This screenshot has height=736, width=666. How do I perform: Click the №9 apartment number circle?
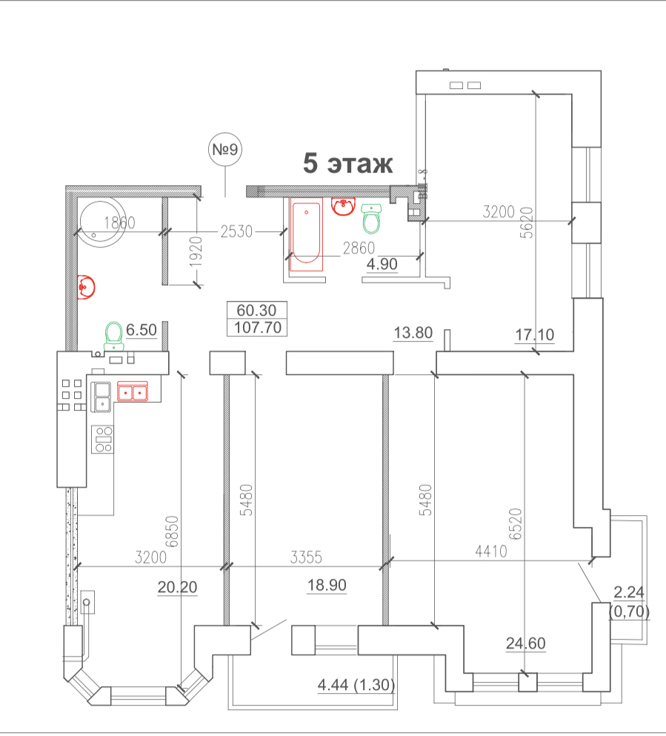[225, 150]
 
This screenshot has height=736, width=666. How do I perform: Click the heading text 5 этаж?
[347, 164]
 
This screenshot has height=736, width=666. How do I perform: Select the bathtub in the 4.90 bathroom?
[305, 233]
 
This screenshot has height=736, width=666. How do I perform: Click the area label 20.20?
[177, 587]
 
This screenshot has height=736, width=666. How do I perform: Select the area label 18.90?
[327, 586]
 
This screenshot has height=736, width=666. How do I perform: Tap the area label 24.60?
[525, 643]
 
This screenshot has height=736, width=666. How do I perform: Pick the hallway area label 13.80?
[413, 333]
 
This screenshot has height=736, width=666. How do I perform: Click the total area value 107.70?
[256, 327]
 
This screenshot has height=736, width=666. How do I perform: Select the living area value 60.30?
[256, 310]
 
